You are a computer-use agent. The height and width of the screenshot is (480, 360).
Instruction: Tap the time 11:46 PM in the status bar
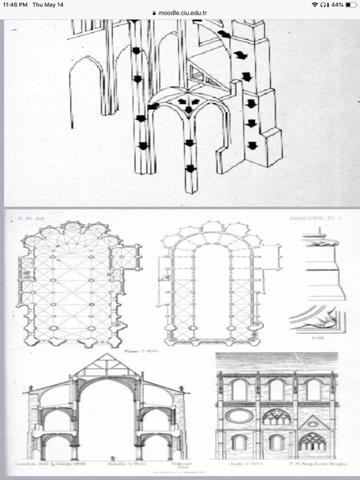15,5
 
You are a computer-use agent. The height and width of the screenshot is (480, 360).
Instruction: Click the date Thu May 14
48,5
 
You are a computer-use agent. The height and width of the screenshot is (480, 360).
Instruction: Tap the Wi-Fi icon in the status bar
314,5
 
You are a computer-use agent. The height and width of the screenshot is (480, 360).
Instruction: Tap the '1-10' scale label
318,339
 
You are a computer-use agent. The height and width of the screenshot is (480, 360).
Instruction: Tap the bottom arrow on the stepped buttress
252,145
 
